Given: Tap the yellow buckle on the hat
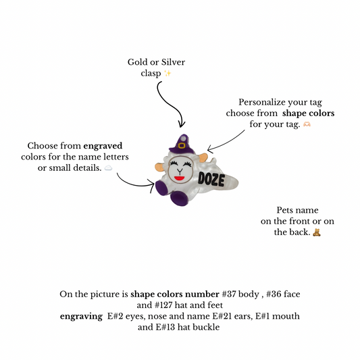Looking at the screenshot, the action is click(x=182, y=146).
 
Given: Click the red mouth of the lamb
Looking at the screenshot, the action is click(x=179, y=178).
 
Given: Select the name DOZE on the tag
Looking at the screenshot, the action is click(x=211, y=179).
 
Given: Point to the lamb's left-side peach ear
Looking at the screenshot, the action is click(x=159, y=167).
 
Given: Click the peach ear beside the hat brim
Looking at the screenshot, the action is click(x=203, y=159).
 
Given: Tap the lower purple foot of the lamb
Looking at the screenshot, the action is click(x=179, y=198).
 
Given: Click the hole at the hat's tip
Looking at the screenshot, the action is click(x=183, y=138).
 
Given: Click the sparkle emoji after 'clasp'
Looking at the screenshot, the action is click(x=168, y=74).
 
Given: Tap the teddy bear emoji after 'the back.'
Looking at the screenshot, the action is click(x=317, y=232).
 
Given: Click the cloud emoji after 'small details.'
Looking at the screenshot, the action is click(x=108, y=168).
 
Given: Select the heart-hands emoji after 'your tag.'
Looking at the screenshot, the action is click(x=307, y=124).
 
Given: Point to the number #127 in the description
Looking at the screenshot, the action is click(x=163, y=305).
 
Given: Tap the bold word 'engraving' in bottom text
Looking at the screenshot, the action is click(x=81, y=316).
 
